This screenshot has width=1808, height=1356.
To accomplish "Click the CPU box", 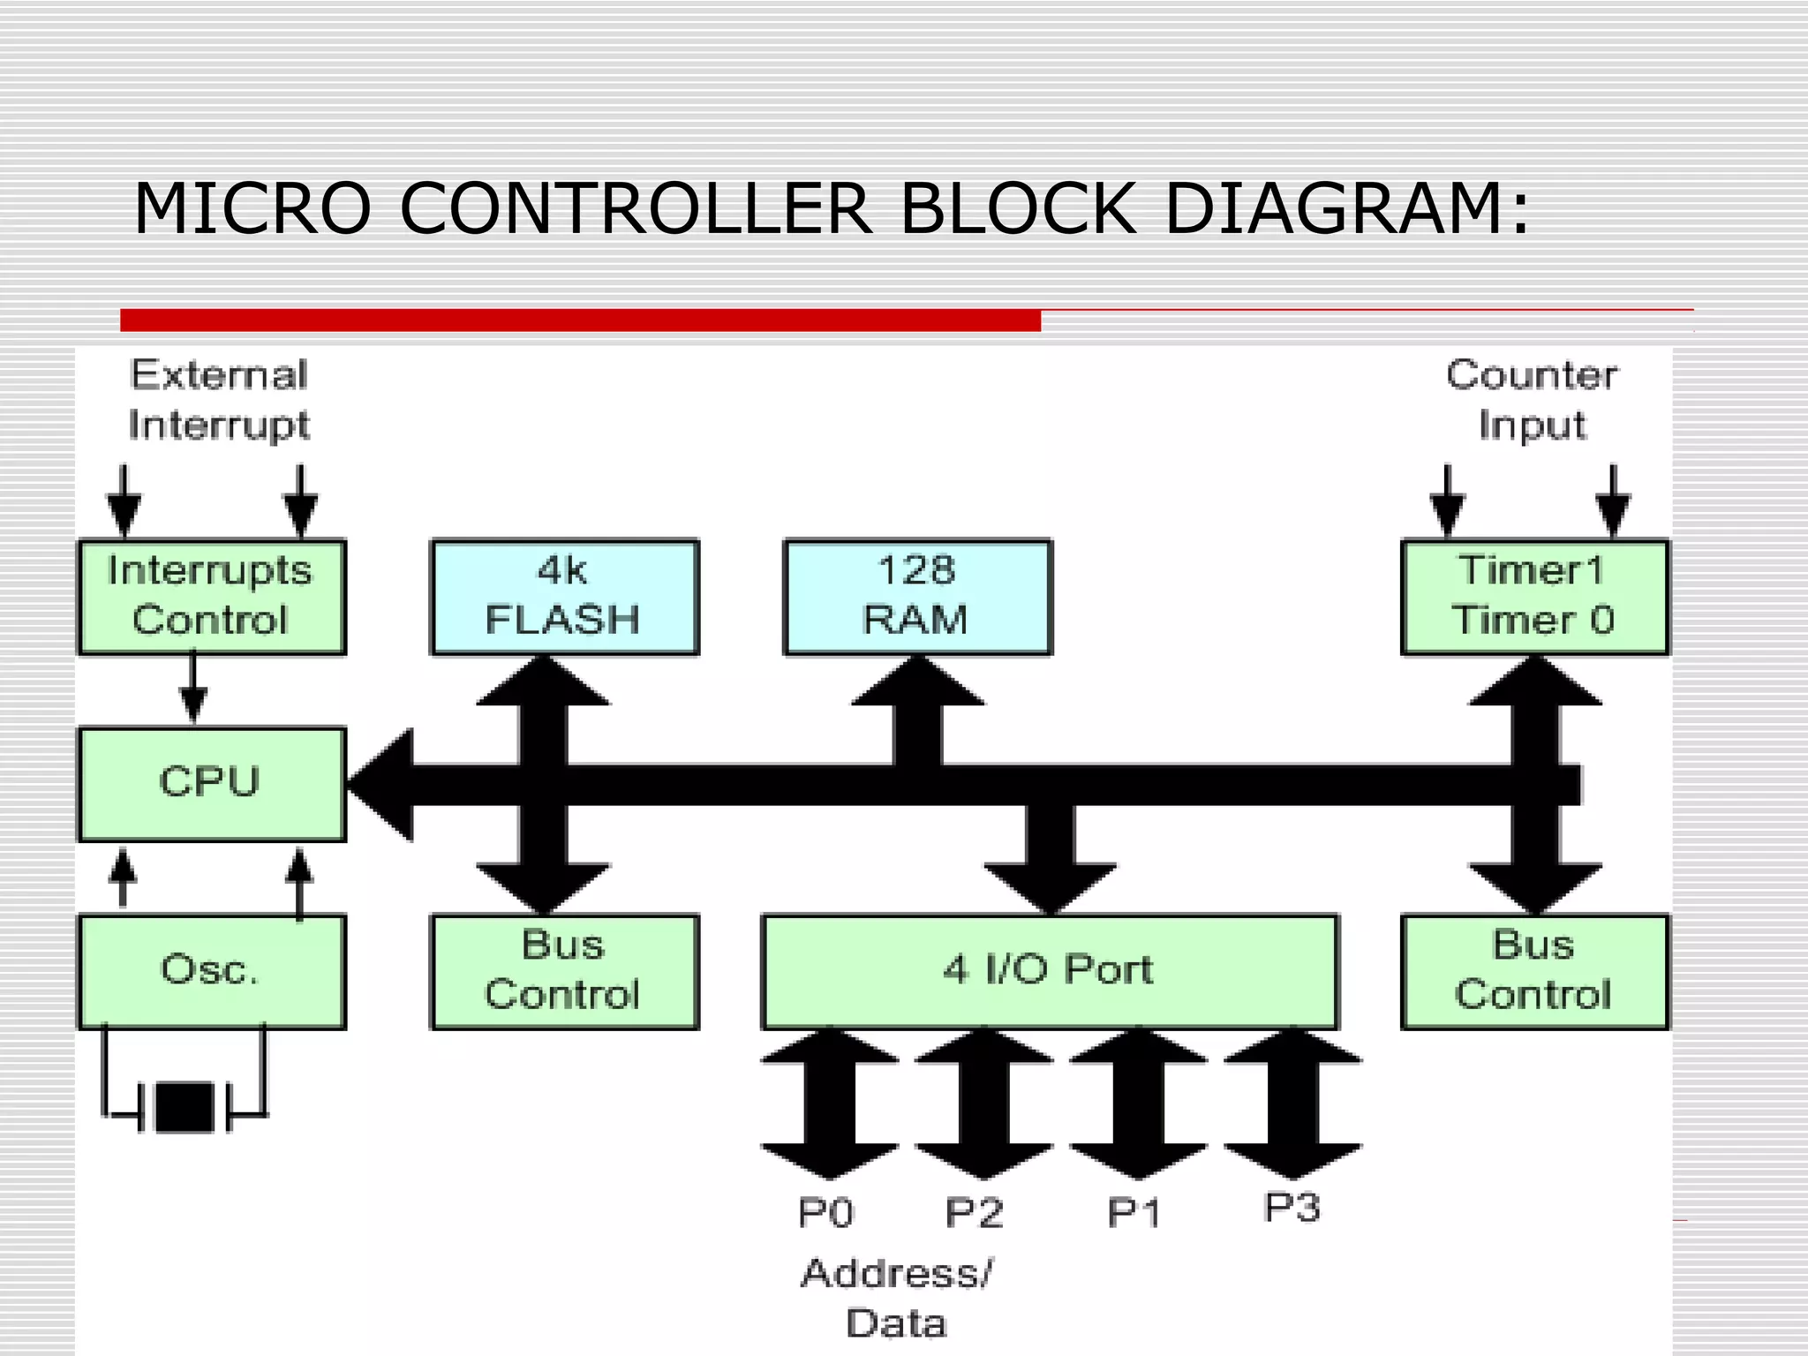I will pos(212,784).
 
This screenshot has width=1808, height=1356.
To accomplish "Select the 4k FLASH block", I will pos(564,596).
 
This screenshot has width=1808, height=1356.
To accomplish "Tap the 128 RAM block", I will pos(917,596).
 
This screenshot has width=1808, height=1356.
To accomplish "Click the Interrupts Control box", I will pos(212,596).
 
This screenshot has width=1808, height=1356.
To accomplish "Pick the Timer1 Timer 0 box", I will pos(1534,596).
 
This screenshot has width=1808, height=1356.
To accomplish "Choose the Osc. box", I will pos(212,971).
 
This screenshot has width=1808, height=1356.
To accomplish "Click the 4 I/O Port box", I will pos(1050,971).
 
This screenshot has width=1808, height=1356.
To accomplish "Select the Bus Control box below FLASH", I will pos(564,971).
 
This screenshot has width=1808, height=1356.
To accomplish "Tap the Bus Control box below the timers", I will pos(1534,971).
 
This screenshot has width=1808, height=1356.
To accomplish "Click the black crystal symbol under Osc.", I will pos(185,1107).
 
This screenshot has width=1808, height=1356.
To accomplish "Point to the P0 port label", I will pos(825,1213).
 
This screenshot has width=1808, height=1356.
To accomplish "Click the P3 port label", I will pos(1292,1208).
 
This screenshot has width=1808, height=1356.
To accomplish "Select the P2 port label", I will pos(974,1213).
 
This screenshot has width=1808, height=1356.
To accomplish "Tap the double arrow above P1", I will pos(1138,1104).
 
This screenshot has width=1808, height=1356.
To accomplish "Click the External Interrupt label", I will pos(219,400).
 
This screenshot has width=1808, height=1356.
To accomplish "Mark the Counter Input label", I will pos(1532,400).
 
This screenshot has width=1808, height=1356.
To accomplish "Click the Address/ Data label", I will pos(897,1298).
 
